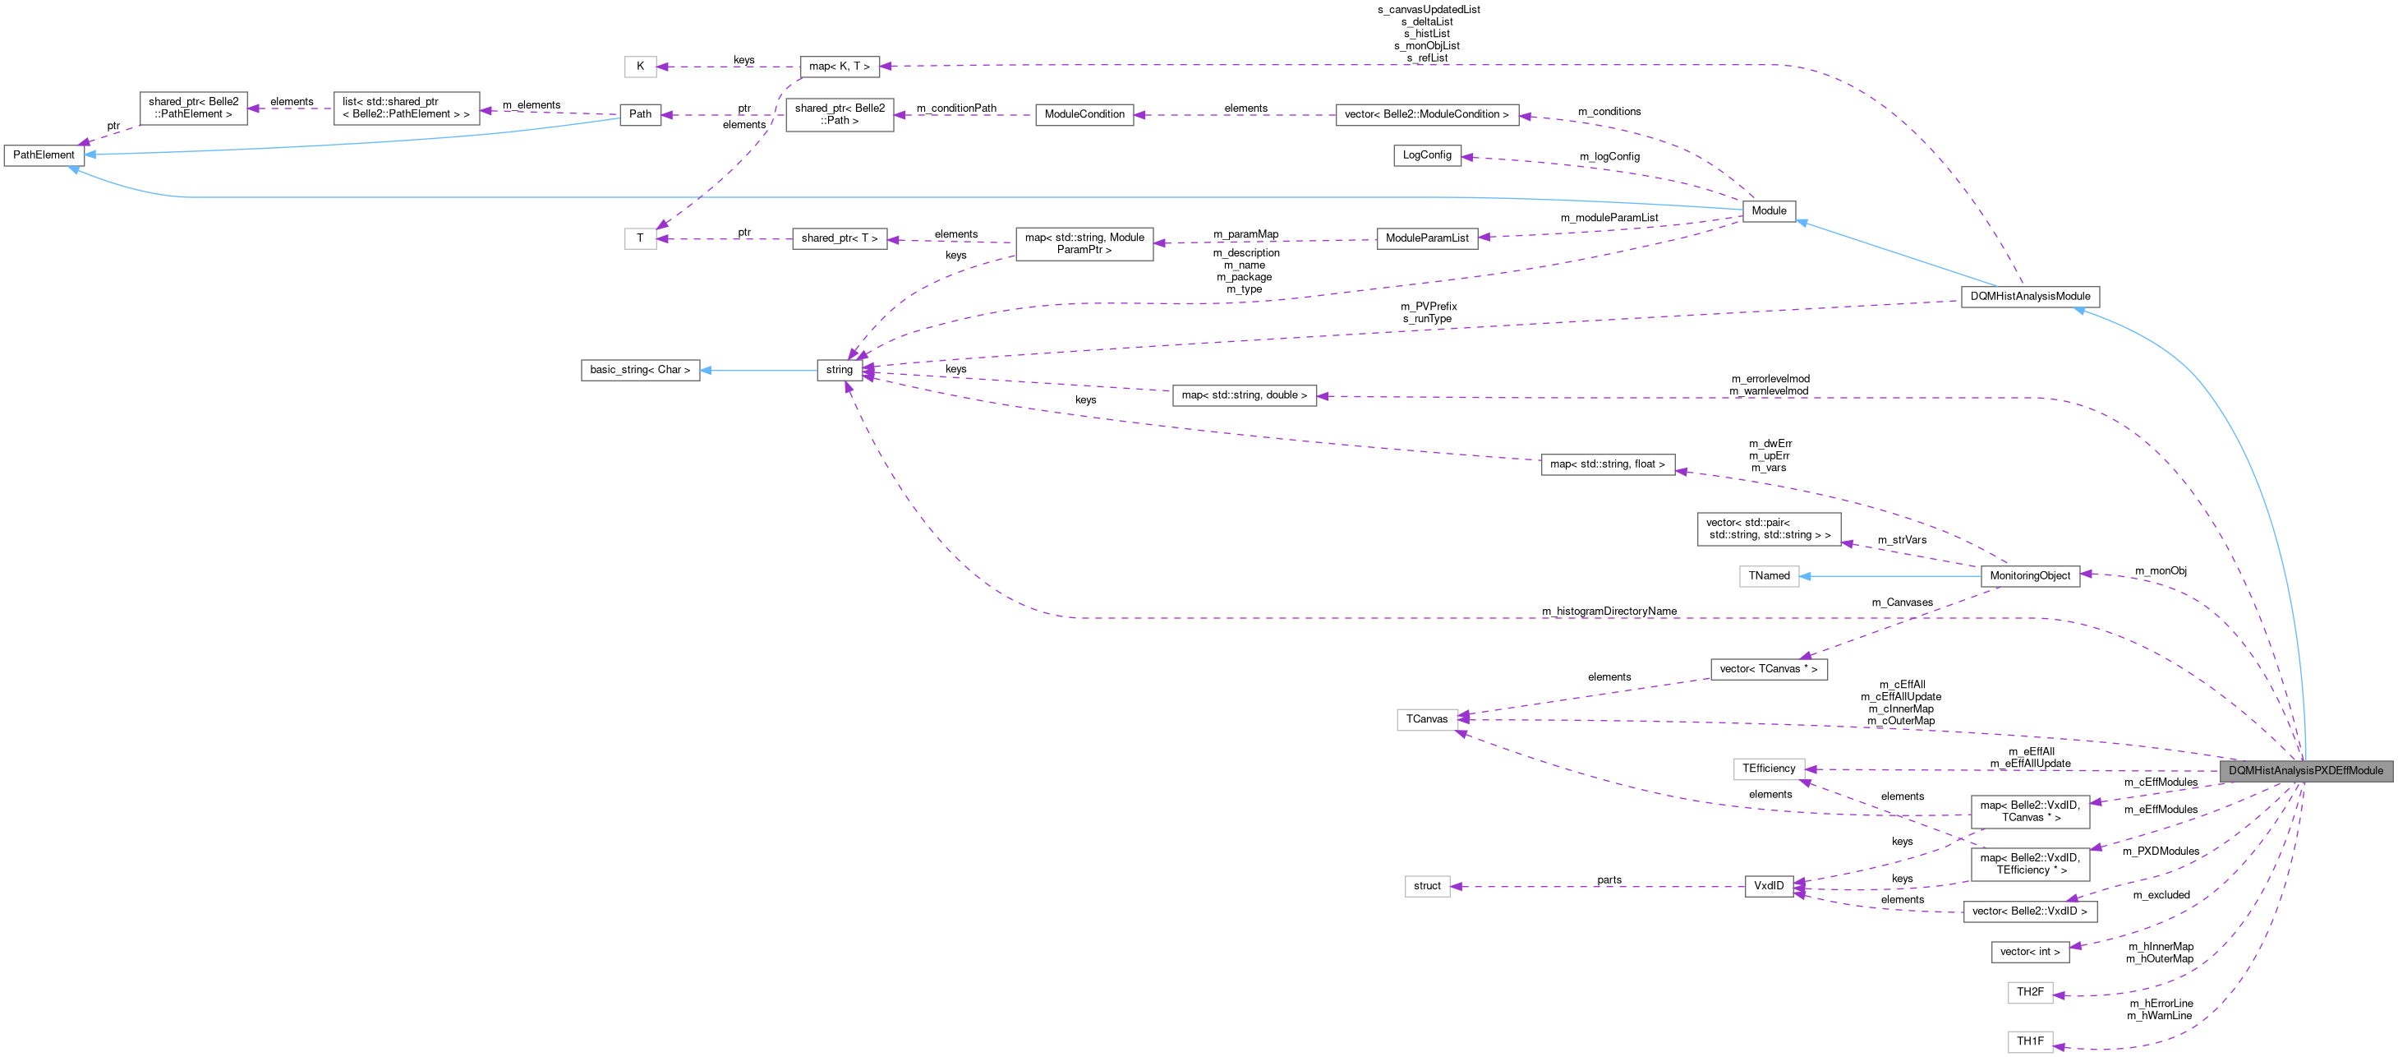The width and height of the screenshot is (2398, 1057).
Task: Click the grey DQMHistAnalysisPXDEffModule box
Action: coord(2305,770)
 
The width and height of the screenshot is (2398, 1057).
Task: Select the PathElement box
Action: coord(44,155)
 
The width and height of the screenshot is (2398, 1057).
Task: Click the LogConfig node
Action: coord(1426,155)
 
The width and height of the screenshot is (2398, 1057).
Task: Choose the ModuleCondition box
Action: coord(1084,114)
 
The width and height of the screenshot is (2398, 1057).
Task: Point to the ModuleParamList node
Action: coord(1426,238)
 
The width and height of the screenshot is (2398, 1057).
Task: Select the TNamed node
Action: coord(1768,575)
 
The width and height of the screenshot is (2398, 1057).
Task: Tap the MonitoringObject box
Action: coord(2029,575)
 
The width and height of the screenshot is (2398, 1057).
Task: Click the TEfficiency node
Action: coord(1768,769)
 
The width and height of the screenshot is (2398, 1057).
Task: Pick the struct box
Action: coord(1426,886)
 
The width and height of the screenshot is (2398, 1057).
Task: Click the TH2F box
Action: coord(2029,992)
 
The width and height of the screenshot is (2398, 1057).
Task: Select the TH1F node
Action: coord(2029,1041)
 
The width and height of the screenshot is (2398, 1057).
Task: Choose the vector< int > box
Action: coord(2029,952)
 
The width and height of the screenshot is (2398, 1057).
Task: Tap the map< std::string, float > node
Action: coord(1607,464)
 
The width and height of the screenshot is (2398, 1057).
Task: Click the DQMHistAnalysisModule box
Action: coord(2029,296)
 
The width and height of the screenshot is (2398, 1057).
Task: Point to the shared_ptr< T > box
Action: coord(839,238)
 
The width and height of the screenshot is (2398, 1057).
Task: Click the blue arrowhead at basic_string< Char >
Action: coord(707,370)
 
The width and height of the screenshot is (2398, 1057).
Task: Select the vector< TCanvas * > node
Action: coord(1768,669)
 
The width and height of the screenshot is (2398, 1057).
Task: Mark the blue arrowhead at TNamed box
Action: coord(1806,575)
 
